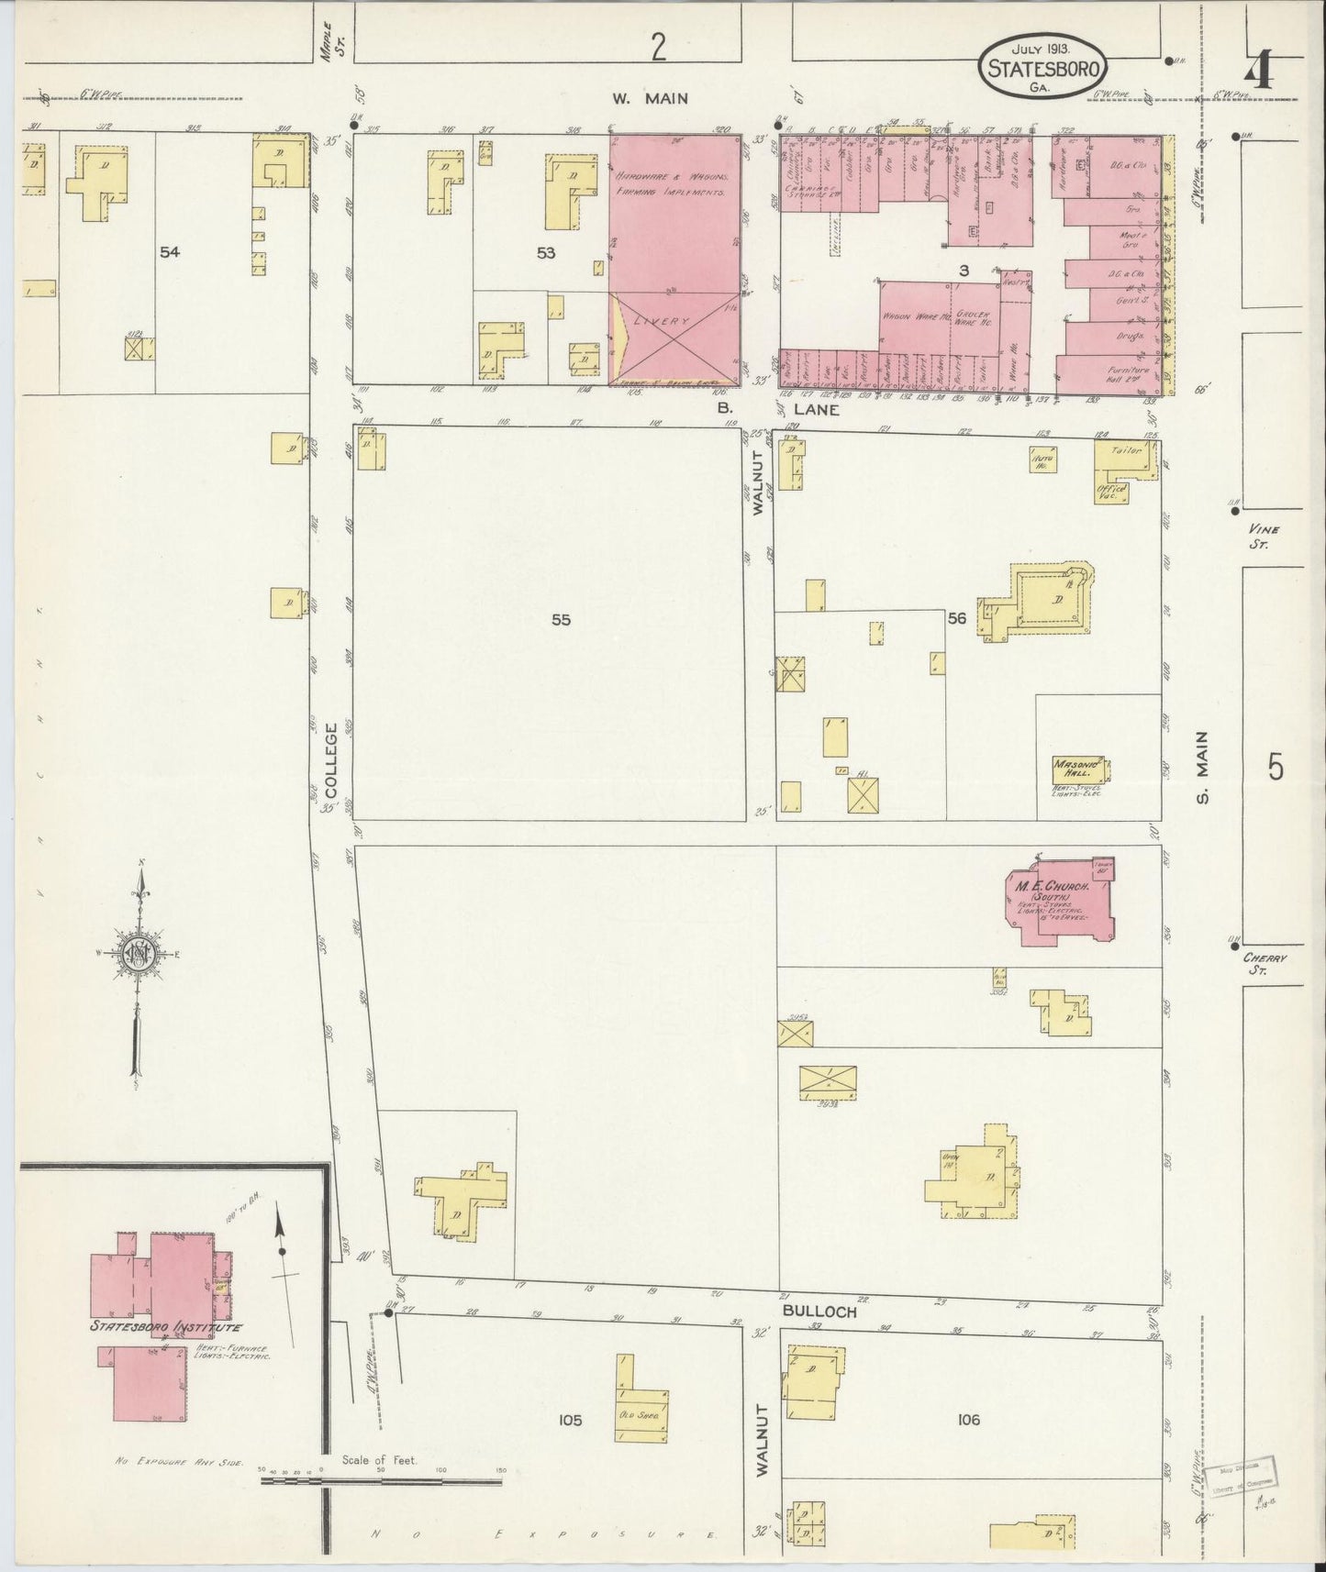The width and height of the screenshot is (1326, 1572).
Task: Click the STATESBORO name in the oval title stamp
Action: [x=1043, y=66]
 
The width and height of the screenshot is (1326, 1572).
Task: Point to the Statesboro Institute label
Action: [x=165, y=1327]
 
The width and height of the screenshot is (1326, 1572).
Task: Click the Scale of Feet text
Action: [x=379, y=1459]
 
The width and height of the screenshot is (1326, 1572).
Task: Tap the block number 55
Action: [x=561, y=620]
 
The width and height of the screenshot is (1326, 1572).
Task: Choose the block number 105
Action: [x=570, y=1421]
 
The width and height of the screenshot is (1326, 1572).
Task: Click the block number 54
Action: [x=169, y=252]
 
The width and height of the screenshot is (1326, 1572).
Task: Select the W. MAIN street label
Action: [x=652, y=98]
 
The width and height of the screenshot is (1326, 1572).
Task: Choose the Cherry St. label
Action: [x=1265, y=963]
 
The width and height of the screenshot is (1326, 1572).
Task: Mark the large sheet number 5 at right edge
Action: [x=1276, y=766]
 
